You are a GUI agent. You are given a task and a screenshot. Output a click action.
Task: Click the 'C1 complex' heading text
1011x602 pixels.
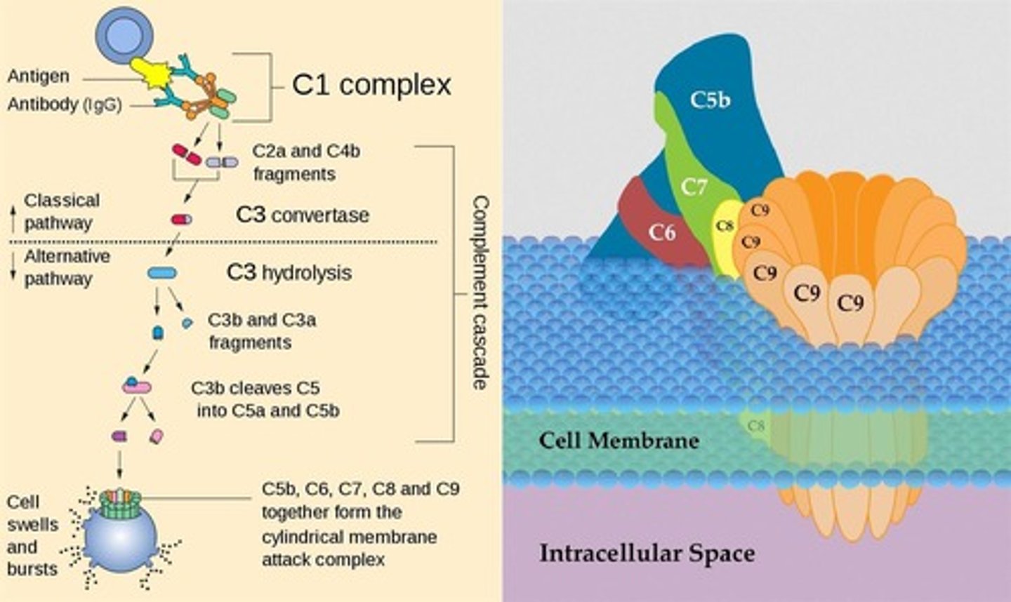point(371,85)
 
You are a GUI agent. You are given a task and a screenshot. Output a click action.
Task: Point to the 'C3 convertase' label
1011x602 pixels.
point(302,215)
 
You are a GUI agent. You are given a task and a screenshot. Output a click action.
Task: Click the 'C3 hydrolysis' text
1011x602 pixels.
point(289,272)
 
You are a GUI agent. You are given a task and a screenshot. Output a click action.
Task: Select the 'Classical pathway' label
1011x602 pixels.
point(62,211)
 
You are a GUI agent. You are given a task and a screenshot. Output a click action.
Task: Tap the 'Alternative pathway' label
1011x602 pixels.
point(67,267)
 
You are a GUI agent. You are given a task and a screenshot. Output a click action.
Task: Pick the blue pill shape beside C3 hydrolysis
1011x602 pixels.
point(162,273)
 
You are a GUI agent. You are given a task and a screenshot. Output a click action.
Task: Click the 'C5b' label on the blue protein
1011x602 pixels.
point(710,100)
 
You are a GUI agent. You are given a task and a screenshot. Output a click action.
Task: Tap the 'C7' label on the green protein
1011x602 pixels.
point(694,187)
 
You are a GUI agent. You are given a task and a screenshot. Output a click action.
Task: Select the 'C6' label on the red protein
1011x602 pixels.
point(661,232)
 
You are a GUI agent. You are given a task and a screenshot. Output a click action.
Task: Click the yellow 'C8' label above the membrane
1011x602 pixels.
point(725,226)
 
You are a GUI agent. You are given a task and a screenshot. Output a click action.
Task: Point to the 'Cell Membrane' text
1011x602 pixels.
point(619,441)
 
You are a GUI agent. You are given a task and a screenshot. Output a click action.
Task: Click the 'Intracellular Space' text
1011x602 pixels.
point(647,553)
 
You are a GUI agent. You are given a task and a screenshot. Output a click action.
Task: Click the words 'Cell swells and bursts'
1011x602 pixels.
point(32,535)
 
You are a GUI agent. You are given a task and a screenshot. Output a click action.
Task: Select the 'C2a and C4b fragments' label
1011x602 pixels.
point(306,162)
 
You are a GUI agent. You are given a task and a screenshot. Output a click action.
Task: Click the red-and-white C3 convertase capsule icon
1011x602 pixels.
point(181,220)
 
